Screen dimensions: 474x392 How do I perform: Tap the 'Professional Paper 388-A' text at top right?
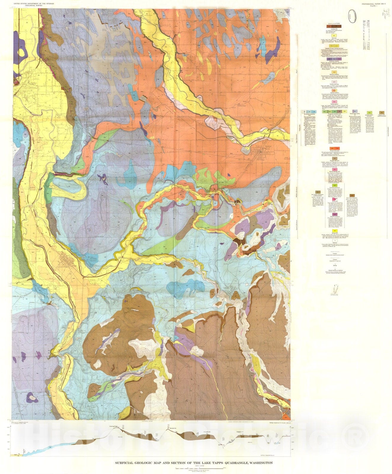pyautogui.click(x=374, y=3)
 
